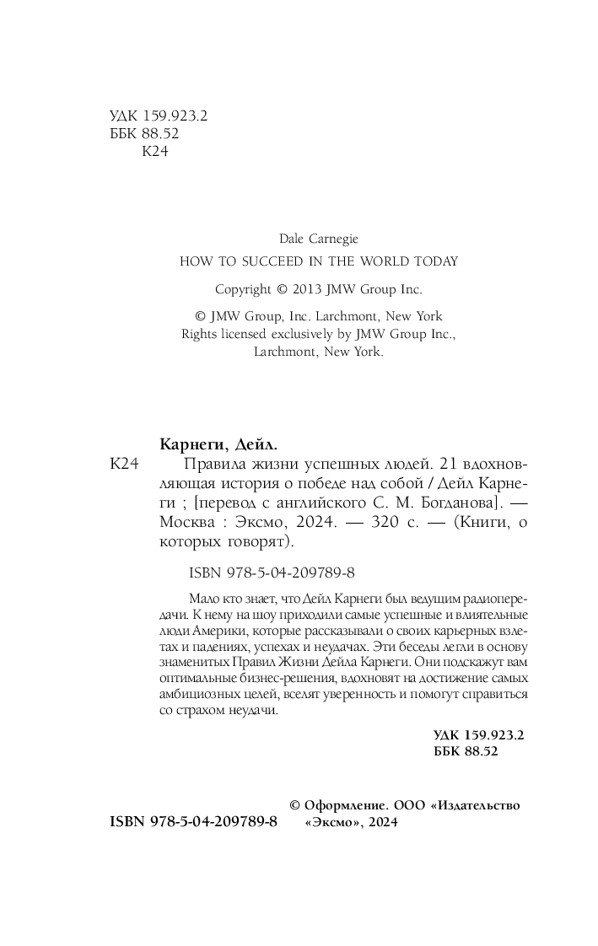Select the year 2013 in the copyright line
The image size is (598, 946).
tap(310, 288)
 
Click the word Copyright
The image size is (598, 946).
tap(240, 288)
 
